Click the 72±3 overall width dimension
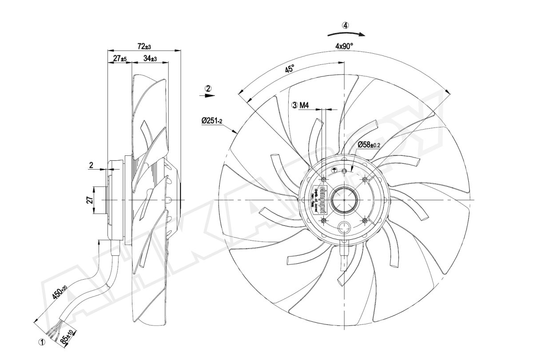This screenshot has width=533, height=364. coord(144,46)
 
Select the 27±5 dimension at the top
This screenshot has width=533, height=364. coord(120,59)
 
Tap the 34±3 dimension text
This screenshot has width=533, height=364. coord(150,59)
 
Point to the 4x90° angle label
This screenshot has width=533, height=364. coord(344,46)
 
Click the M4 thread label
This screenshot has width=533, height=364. coord(304,106)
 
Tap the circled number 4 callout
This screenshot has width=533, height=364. coord(346,25)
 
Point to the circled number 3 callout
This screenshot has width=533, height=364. coord(294,106)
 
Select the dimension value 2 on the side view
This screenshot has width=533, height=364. coord(91,165)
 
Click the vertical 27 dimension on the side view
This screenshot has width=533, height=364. coord(89,200)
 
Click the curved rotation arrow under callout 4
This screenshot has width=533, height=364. coord(346,33)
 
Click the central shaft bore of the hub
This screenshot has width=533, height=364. coord(344,200)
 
